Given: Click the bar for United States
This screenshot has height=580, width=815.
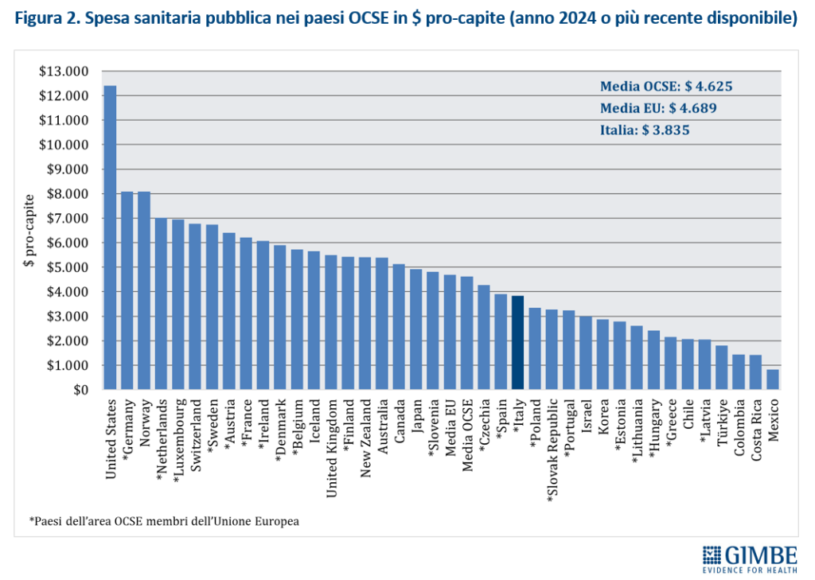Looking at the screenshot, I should [110, 239].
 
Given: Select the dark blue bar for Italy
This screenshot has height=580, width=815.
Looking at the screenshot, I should [517, 343].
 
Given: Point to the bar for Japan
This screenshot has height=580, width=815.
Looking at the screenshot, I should [415, 329].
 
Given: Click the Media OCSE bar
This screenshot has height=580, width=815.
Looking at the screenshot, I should [466, 333].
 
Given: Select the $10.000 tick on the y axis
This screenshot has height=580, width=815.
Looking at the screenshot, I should [68, 145].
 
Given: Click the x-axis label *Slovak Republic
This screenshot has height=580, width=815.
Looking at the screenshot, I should [552, 450].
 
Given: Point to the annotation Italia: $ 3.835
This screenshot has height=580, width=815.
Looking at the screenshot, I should [644, 130].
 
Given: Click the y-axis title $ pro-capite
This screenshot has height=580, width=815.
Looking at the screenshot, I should [29, 230].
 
